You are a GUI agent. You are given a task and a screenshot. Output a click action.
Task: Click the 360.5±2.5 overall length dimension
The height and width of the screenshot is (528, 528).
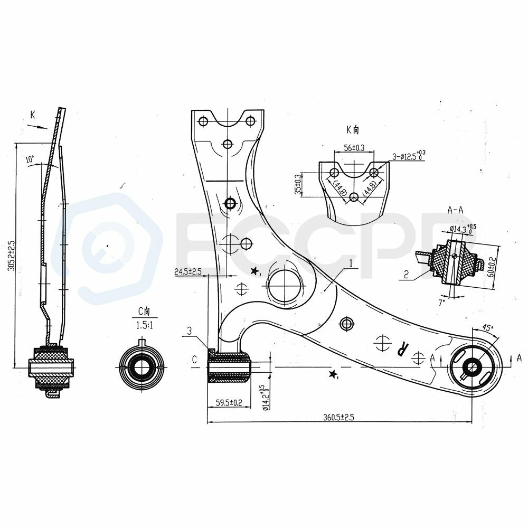pos(338,417)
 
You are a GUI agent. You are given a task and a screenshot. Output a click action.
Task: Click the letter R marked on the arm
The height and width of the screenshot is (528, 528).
pos(403,348)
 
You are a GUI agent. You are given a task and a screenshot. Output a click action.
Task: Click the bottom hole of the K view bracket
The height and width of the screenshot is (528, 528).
pos(354,197)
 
